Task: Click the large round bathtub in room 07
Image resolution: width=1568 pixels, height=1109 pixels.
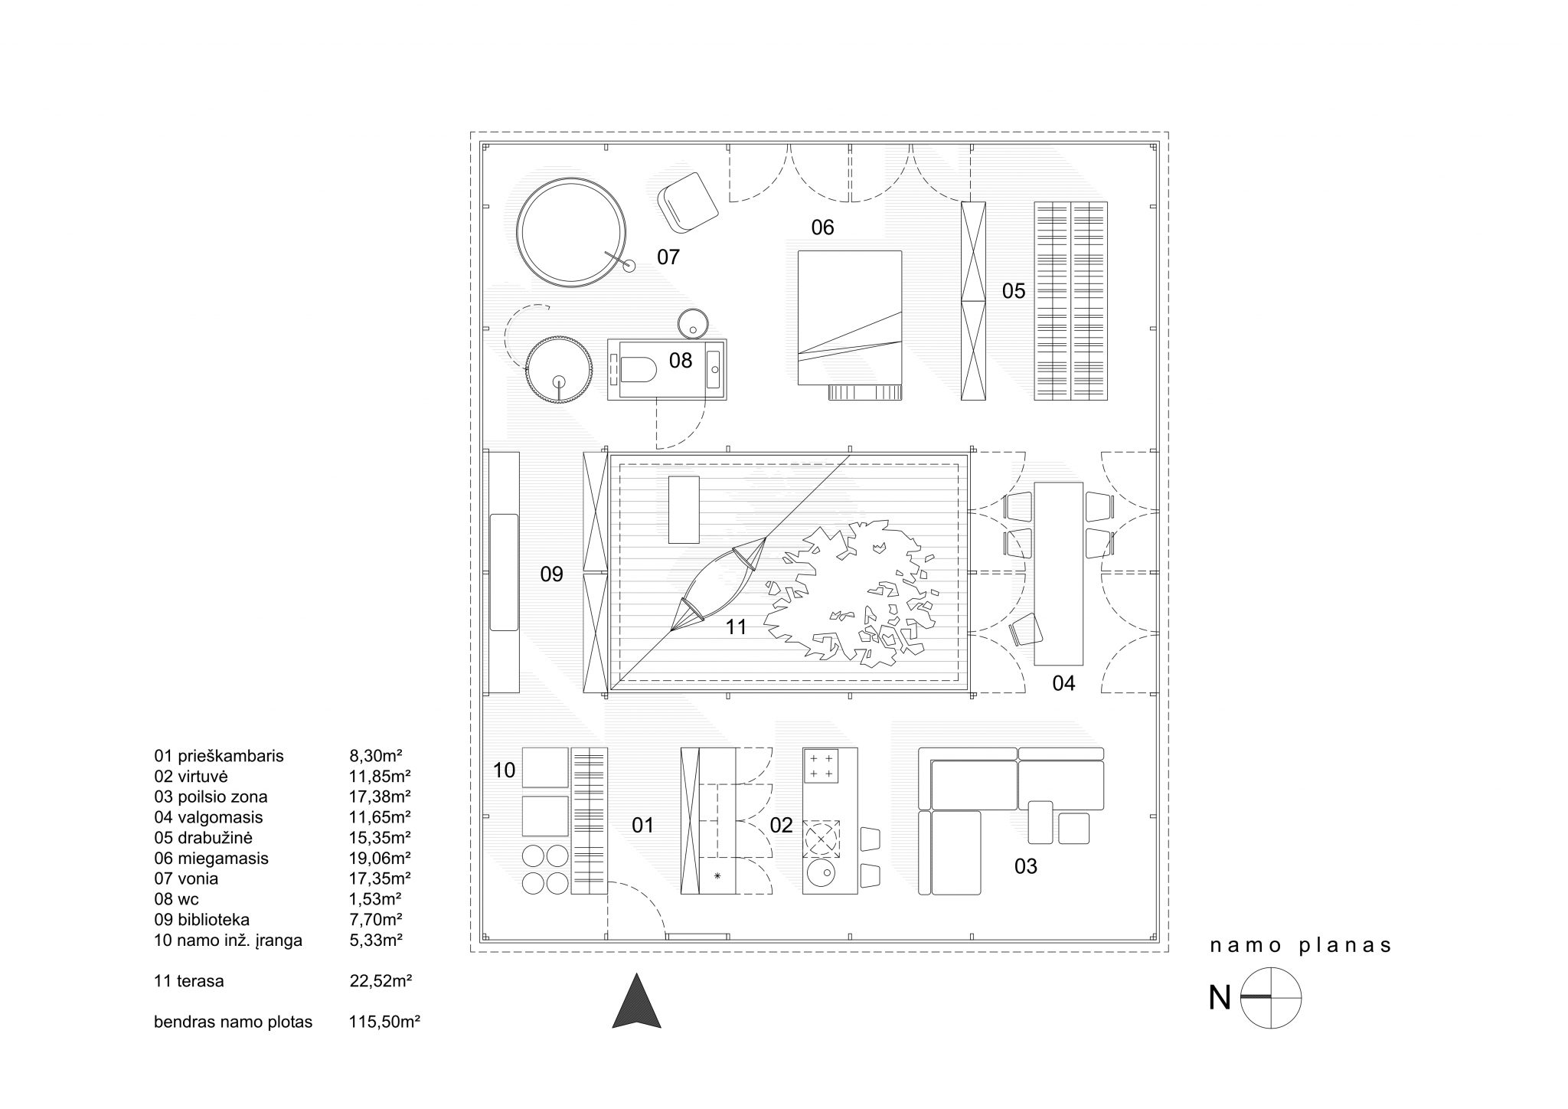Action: pos(572,232)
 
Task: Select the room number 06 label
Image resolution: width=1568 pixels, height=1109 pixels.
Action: pos(822,227)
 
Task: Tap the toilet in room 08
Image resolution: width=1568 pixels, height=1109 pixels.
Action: pos(639,371)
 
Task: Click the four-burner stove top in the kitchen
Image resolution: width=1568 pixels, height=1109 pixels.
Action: pos(821,765)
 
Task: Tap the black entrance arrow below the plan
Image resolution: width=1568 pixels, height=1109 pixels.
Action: pos(636,1000)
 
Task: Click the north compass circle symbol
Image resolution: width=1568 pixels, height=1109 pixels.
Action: pos(1271,998)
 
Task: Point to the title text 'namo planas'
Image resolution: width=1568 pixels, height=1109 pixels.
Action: pos(1301,946)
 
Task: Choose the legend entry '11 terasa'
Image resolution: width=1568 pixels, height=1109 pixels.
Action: pos(189,980)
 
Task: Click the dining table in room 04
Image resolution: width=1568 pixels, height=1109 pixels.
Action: pos(1058,574)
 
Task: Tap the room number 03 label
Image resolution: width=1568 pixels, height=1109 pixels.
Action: pos(1025,866)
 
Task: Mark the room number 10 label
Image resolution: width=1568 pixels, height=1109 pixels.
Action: pos(504,770)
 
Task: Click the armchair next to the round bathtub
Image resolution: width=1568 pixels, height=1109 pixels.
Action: pos(688,201)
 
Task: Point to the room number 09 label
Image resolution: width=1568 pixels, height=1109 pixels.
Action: pos(551,574)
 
